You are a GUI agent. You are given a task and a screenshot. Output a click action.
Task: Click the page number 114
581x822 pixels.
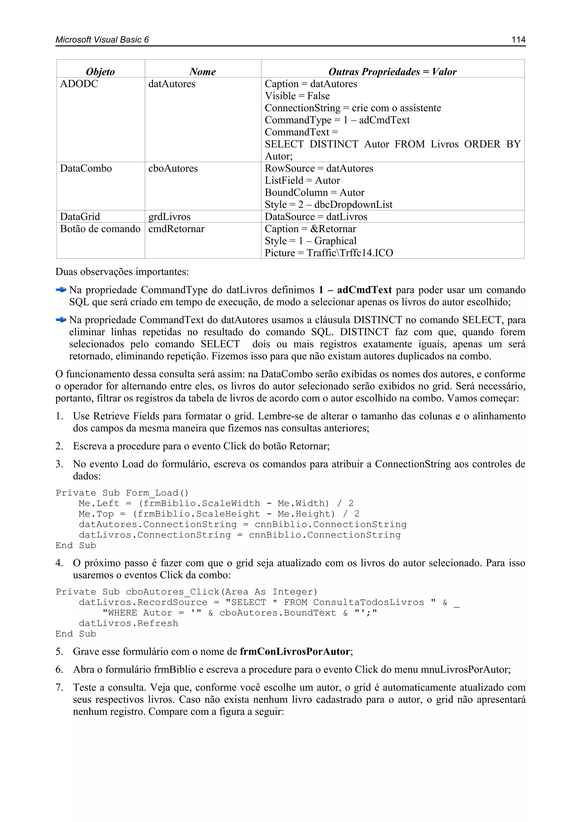(518, 40)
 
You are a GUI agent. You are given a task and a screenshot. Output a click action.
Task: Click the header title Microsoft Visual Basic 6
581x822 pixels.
(102, 40)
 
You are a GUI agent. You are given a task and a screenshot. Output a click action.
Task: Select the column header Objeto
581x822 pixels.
(100, 72)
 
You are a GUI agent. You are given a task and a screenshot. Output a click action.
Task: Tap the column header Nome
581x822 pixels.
(203, 72)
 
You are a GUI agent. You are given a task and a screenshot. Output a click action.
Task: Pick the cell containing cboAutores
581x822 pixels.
(173, 168)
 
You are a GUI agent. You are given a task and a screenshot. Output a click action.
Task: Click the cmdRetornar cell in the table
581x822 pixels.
(176, 229)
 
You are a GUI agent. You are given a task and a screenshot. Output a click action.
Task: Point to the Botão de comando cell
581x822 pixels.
(100, 229)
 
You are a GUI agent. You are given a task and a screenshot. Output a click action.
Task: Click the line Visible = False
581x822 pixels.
(297, 96)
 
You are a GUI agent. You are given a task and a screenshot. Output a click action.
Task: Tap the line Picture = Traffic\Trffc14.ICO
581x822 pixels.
(329, 253)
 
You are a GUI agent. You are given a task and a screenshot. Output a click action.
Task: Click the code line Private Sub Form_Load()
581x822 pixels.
(122, 493)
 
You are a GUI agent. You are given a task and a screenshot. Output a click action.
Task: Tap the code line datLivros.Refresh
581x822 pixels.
(128, 623)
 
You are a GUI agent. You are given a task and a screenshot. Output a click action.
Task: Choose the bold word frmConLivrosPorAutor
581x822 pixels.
(294, 651)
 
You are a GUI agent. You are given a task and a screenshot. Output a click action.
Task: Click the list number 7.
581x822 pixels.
(59, 687)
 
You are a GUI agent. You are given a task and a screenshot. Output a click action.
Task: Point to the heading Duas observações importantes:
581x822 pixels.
(122, 272)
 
